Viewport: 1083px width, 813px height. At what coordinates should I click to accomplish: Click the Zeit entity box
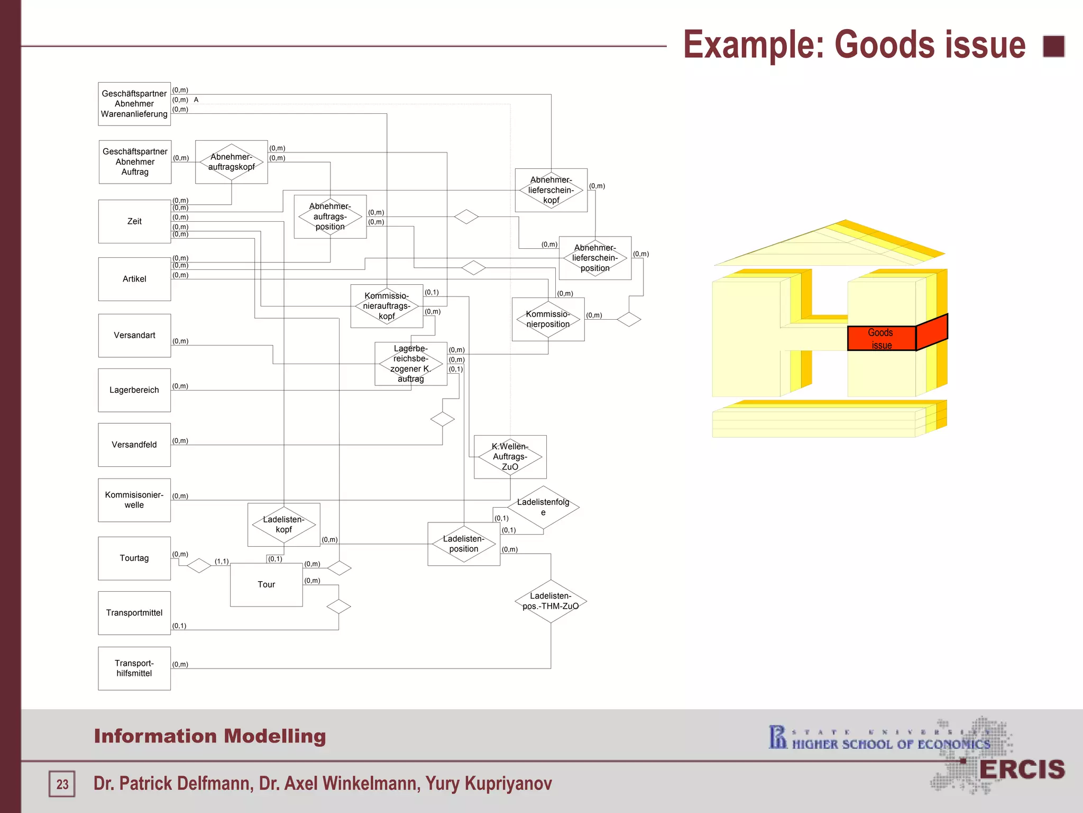click(x=134, y=221)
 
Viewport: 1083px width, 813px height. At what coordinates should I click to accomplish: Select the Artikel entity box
click(x=134, y=279)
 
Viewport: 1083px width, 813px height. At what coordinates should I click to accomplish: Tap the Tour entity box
click(x=266, y=584)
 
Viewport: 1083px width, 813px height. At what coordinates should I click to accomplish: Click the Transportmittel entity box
click(x=134, y=613)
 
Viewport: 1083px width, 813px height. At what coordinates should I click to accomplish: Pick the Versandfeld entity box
click(x=134, y=445)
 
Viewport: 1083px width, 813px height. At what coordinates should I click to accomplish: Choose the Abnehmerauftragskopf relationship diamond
click(x=231, y=162)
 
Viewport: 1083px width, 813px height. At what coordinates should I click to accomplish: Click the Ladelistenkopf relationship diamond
click(x=283, y=525)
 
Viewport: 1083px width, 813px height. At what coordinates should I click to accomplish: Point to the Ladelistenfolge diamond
click(x=543, y=507)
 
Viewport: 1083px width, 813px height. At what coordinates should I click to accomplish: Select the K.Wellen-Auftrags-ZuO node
click(x=510, y=457)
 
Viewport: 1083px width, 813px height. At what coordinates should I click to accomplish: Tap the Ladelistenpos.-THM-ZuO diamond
click(x=550, y=601)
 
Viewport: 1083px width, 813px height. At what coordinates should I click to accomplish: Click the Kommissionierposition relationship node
click(x=548, y=319)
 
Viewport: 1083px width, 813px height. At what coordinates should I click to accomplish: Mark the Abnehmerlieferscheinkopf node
click(x=551, y=190)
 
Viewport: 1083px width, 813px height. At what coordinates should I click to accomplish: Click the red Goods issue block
click(x=882, y=339)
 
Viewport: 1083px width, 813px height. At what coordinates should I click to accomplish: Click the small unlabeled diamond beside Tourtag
click(x=199, y=565)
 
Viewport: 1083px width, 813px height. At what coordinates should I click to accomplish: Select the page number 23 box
click(x=62, y=784)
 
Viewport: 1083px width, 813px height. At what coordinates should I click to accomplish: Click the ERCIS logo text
click(x=1022, y=770)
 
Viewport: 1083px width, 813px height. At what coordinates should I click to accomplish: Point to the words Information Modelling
click(x=210, y=736)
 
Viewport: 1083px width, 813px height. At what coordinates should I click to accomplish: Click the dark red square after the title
click(x=1053, y=46)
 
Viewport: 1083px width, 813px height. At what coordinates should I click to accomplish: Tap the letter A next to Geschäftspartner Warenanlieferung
click(x=196, y=100)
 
